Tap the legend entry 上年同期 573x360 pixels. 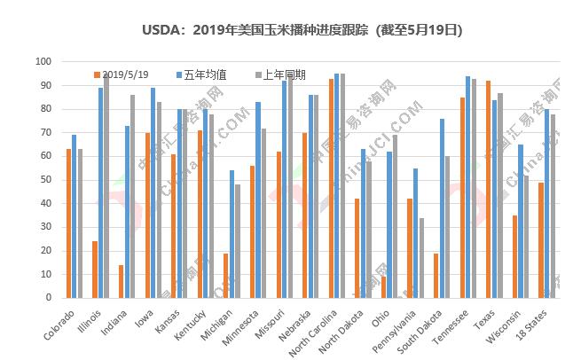tap(279, 74)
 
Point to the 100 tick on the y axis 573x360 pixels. tap(43, 61)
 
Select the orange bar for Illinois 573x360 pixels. tap(95, 270)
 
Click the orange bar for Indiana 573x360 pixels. tap(121, 281)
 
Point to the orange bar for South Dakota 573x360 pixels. tap(436, 275)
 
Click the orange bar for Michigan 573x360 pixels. tap(226, 275)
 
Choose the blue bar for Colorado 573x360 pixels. tap(75, 216)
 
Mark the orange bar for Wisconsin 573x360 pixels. tap(514, 256)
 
